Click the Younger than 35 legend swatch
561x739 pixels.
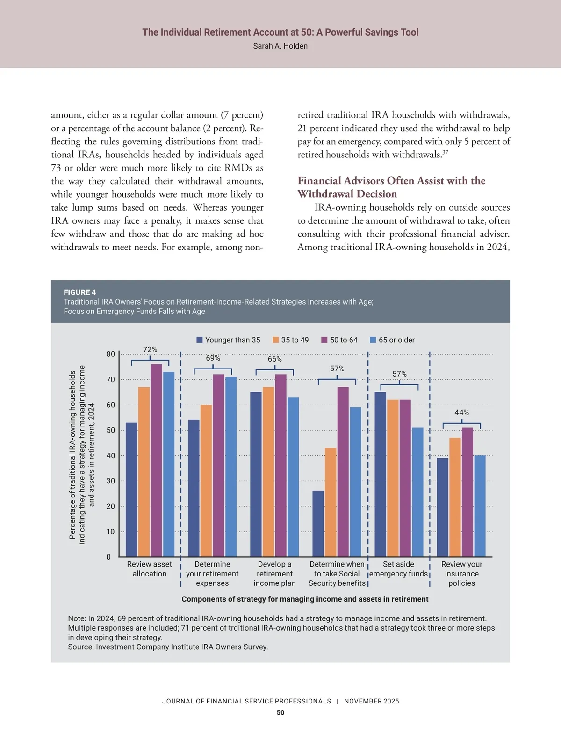[200, 340]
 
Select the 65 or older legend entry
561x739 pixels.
[392, 340]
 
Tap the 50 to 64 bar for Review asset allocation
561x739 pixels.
[156, 460]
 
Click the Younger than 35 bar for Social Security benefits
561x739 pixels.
[318, 524]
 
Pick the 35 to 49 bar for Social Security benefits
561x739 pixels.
[331, 502]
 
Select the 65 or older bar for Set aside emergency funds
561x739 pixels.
[417, 492]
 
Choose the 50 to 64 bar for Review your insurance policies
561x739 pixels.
[467, 492]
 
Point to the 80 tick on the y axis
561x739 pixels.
[110, 354]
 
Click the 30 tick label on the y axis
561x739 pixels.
[110, 481]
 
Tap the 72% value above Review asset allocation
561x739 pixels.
[150, 349]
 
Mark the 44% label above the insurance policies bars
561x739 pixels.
[461, 412]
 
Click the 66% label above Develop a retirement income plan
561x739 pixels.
[275, 359]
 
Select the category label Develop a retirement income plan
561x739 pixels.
[274, 574]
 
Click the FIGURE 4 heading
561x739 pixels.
[80, 292]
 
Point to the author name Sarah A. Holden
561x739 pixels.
[280, 46]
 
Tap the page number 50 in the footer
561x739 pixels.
[280, 712]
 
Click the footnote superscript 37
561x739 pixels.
[445, 152]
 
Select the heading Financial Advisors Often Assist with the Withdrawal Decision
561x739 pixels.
[391, 187]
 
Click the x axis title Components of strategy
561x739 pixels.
[305, 599]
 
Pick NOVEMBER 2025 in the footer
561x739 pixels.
[372, 701]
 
